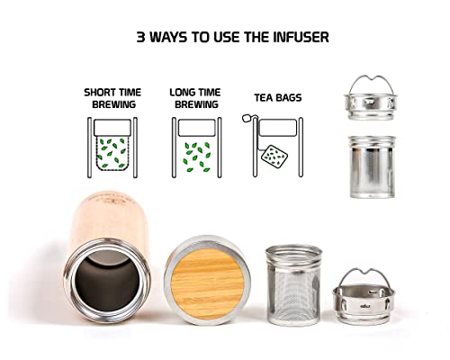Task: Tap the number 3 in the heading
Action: click(140, 38)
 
